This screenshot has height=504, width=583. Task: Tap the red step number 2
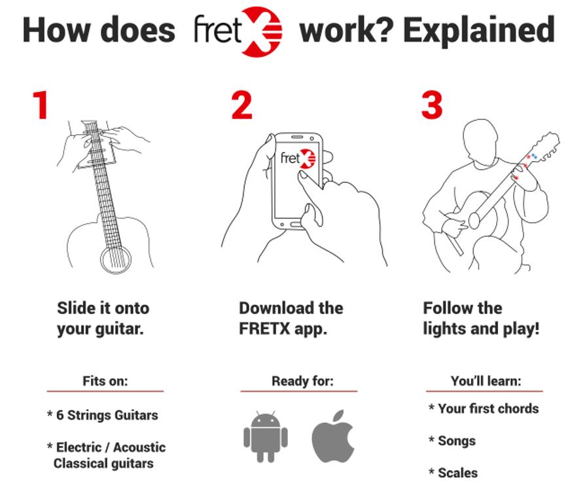(x=241, y=105)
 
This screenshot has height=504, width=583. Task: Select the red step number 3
(x=432, y=105)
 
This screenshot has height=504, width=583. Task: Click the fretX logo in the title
(x=238, y=31)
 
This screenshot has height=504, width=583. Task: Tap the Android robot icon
(x=266, y=436)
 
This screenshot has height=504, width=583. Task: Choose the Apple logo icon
(x=333, y=436)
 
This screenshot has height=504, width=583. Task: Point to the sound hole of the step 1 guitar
(x=116, y=259)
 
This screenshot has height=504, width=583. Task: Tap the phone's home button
(x=296, y=225)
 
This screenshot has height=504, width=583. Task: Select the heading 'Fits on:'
(x=105, y=381)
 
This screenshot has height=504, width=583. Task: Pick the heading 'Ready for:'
(x=303, y=381)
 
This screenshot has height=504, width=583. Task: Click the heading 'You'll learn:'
(x=486, y=381)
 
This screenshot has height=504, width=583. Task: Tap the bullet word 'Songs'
(x=457, y=441)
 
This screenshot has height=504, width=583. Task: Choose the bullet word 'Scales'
(x=458, y=473)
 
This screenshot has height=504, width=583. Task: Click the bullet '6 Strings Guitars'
(x=107, y=415)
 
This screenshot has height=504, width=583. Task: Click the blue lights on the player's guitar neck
(x=534, y=156)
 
